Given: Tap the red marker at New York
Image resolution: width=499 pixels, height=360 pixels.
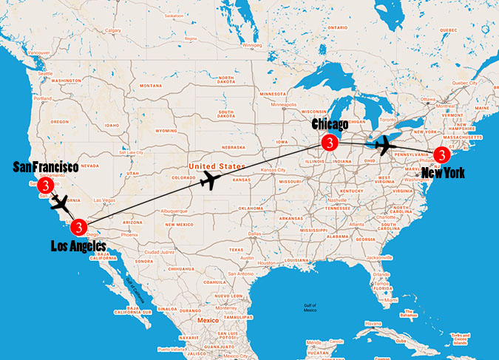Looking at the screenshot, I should (x=441, y=155).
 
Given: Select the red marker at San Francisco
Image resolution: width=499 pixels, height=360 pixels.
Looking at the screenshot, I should (x=47, y=185).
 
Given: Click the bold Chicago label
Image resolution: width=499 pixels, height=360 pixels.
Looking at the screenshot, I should (x=330, y=124).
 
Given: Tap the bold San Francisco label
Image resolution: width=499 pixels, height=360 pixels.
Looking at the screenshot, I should (x=45, y=167).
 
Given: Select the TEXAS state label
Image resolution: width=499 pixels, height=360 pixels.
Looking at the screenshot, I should (x=237, y=250).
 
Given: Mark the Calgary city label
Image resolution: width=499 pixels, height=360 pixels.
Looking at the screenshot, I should (x=113, y=30).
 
